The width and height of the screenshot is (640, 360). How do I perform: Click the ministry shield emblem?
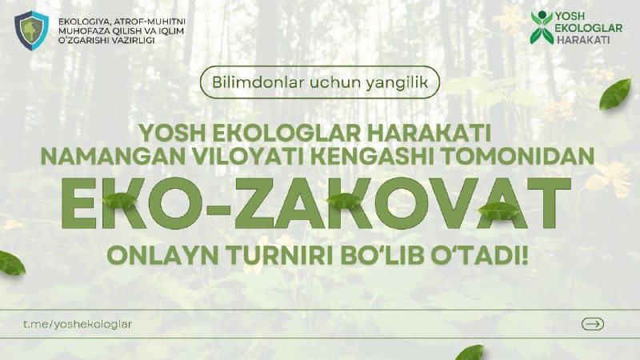[31, 30]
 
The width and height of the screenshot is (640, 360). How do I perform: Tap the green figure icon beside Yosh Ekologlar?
[542, 28]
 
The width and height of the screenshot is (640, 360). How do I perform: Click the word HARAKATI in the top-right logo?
[583, 39]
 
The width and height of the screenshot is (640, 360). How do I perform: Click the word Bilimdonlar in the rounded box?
[258, 82]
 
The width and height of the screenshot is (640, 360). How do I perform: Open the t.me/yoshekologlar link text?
[78, 324]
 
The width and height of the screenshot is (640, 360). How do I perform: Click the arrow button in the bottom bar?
[593, 324]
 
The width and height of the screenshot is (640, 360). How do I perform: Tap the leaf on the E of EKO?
[119, 201]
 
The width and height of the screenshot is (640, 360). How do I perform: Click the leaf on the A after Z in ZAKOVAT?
[344, 201]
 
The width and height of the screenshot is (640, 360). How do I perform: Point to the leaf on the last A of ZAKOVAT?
[498, 210]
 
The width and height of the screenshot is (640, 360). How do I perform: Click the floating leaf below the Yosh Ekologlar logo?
[615, 94]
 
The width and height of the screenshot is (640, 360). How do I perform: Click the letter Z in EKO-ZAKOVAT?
[258, 203]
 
